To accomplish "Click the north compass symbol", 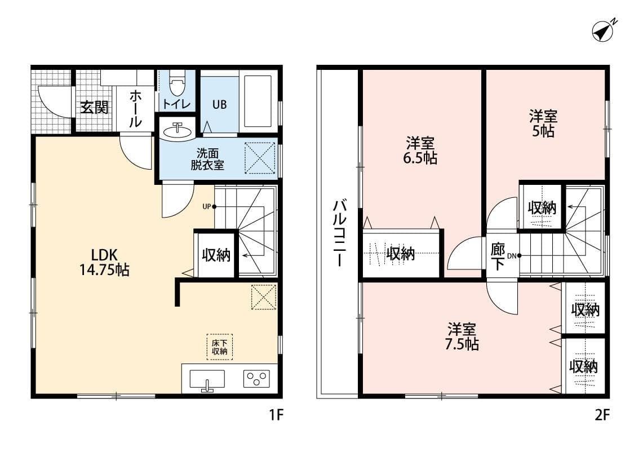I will coord(604,30).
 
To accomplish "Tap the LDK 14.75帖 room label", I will coord(104,262).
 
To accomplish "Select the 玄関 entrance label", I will coord(94,107).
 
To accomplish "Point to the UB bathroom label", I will coord(219,105).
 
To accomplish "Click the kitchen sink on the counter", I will coord(207,379).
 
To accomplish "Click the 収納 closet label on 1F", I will coord(216,255).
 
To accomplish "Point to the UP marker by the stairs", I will coord(209,206).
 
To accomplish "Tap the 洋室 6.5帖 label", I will coord(420,150).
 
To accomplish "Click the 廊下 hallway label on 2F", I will coord(497,256).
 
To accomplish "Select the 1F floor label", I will coord(275,416).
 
